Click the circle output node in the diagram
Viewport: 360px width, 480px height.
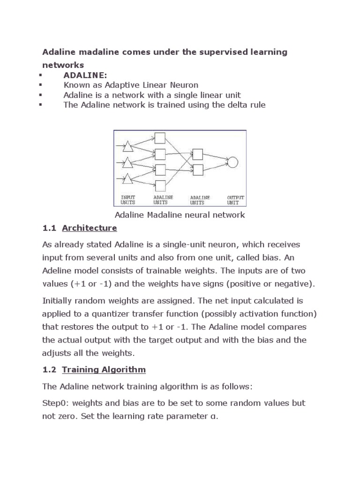pyautogui.click(x=232, y=162)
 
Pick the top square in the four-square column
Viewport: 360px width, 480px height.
pyautogui.click(x=160, y=138)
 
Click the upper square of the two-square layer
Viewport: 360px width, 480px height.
pyautogui.click(x=197, y=154)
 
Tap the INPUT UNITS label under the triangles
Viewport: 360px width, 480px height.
pyautogui.click(x=128, y=200)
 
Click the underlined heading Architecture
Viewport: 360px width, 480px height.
pyautogui.click(x=89, y=228)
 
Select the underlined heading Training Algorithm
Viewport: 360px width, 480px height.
pyautogui.click(x=104, y=369)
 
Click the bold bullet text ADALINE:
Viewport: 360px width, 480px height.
pyautogui.click(x=85, y=75)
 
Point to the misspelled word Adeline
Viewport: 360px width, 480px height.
pyautogui.click(x=58, y=271)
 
